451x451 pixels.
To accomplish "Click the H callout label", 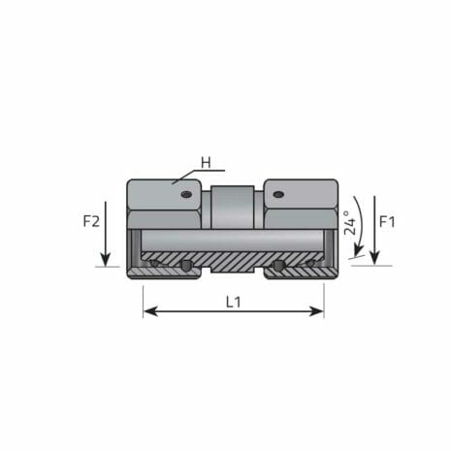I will (206, 162).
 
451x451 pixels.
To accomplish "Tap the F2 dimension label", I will (91, 221).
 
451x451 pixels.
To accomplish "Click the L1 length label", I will (233, 302).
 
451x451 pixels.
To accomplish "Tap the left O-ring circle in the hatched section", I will (185, 266).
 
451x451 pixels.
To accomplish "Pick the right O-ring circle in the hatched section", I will (279, 266).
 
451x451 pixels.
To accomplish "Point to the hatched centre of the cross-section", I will (233, 262).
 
